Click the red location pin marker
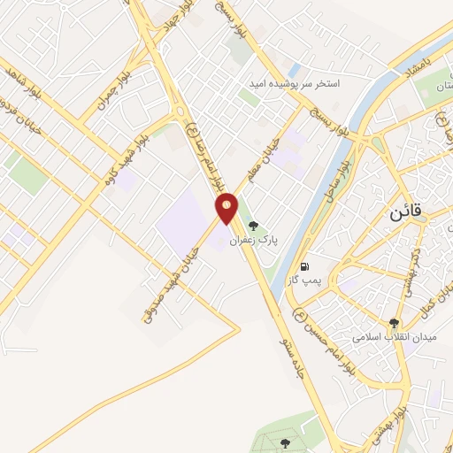(x=227, y=208)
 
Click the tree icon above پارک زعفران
(x=254, y=226)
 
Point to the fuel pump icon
(x=305, y=265)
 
